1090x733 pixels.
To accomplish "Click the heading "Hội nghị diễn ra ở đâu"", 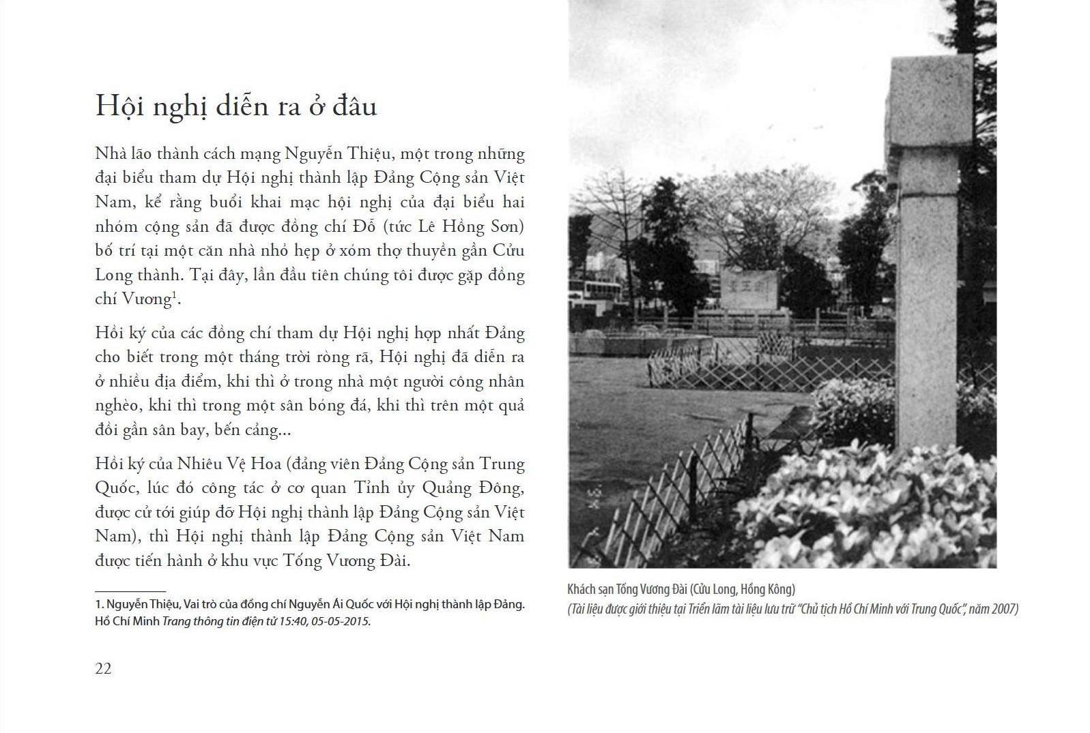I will tap(235, 106).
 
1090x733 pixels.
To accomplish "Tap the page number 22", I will tap(103, 668).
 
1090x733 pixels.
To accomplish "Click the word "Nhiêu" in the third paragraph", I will tap(201, 464).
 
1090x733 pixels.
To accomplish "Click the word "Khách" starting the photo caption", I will tap(582, 589).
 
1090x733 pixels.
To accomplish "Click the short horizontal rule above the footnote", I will tap(130, 591).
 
